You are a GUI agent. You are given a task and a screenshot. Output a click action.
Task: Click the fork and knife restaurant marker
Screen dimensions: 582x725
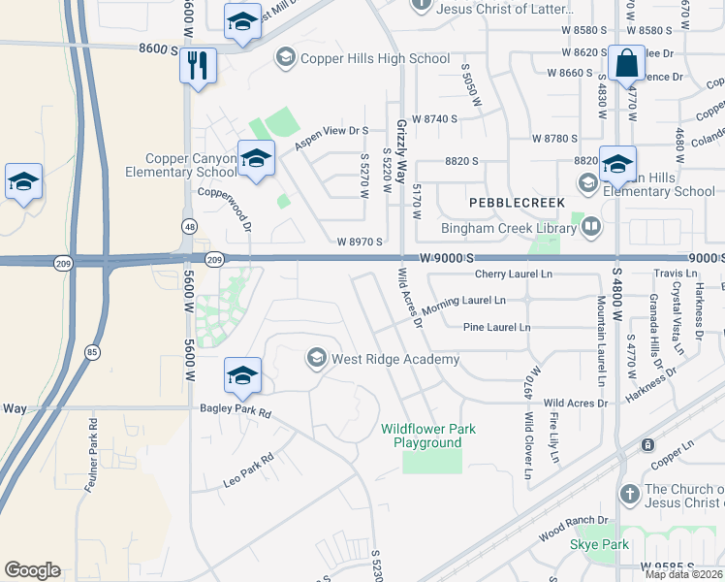click(198, 66)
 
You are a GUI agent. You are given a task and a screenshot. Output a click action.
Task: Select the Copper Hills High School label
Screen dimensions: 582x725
click(375, 59)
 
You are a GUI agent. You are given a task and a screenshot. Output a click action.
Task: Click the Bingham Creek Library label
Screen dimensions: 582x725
click(509, 228)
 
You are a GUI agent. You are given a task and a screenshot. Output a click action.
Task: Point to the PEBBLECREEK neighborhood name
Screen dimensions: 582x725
click(510, 203)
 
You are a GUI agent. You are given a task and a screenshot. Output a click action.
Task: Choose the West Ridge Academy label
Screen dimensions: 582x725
click(394, 359)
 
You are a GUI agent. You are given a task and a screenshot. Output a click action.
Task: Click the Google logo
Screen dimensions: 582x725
click(32, 570)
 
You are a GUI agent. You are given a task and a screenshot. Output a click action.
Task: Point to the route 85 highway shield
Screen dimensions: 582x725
click(91, 351)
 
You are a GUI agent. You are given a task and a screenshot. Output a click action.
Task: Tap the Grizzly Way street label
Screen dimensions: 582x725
click(401, 145)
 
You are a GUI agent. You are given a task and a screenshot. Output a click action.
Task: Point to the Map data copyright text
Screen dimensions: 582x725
click(683, 574)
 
